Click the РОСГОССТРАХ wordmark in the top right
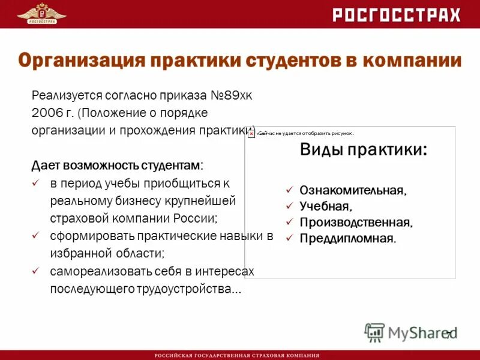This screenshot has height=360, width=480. pos(397,15)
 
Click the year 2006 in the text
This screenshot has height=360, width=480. pos(46,112)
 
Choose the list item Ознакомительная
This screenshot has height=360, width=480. pos(353,191)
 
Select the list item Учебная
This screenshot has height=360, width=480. pos(325,206)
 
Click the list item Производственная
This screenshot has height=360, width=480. pos(356,223)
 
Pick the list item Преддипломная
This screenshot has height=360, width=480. pos(348,238)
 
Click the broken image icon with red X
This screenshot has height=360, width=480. pos(251,133)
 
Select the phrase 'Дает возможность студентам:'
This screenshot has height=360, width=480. pos(117,164)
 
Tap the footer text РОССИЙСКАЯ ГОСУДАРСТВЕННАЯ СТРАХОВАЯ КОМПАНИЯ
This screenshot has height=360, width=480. pos(237,355)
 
